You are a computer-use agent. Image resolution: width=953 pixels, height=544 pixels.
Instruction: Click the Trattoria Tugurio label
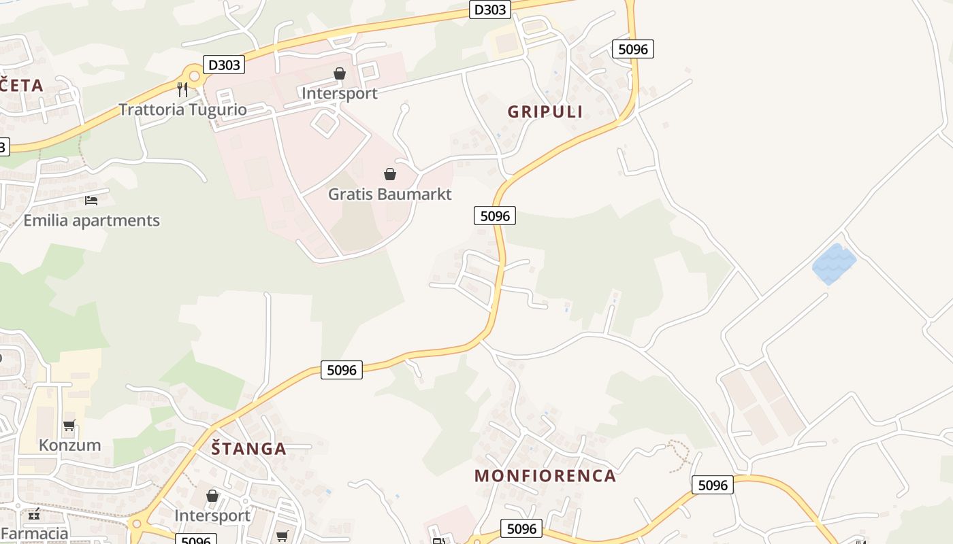(182, 109)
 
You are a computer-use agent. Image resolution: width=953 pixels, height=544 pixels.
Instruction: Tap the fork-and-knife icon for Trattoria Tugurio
(182, 89)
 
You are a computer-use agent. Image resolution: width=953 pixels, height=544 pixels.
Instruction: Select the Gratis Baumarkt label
(389, 194)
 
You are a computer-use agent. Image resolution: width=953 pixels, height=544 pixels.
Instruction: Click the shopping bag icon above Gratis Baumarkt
(390, 174)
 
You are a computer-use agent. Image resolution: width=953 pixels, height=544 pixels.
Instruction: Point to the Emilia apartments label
(91, 220)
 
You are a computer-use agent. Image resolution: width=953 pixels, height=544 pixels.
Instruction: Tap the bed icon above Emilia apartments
(91, 200)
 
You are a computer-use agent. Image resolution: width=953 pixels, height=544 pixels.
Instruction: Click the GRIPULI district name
(545, 112)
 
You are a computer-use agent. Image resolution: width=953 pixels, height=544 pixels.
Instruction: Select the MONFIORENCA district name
(545, 475)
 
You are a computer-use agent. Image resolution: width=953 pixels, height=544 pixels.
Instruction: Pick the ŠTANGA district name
(248, 449)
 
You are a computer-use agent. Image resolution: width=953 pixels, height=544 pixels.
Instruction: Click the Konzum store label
(69, 445)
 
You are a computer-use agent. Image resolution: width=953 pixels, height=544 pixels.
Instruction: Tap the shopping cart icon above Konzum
(69, 426)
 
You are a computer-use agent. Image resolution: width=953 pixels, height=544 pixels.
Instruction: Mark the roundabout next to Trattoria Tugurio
(194, 76)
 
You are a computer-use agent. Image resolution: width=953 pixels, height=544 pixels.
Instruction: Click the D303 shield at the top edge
(489, 10)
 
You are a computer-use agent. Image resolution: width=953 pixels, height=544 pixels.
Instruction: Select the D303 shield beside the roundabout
(224, 65)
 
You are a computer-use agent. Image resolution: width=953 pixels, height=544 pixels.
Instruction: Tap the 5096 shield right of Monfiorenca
(713, 485)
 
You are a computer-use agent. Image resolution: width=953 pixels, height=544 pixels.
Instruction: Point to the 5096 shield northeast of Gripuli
(632, 49)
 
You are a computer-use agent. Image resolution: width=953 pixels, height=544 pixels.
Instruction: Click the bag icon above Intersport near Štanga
(212, 496)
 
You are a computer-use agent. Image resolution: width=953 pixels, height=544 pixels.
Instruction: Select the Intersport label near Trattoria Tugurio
(339, 93)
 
